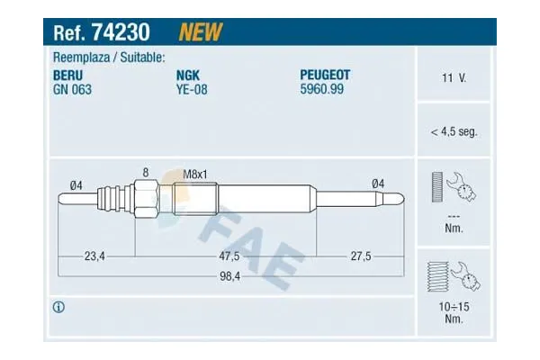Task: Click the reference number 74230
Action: [x=121, y=32]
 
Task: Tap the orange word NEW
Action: [x=201, y=32]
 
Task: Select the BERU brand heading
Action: [x=67, y=75]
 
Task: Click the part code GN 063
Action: [x=72, y=90]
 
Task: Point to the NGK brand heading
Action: [x=188, y=75]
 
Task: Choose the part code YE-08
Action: [x=192, y=90]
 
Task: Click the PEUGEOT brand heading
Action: [x=325, y=75]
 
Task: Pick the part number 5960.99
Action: [x=321, y=89]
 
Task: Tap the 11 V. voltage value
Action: [x=454, y=77]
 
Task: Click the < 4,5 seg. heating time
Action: [x=454, y=131]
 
